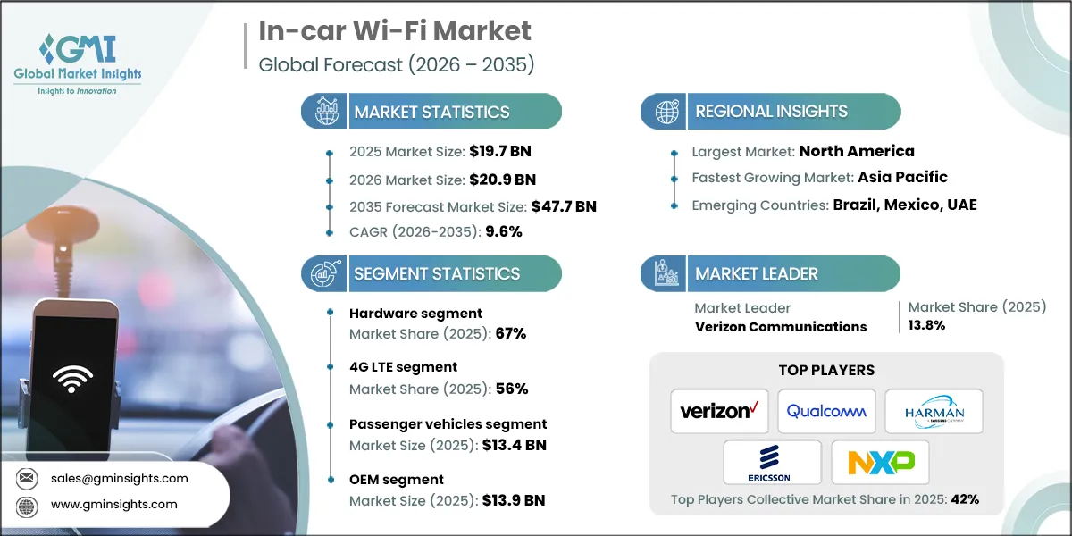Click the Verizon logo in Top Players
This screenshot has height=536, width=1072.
(719, 411)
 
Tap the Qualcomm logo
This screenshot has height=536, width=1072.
(826, 411)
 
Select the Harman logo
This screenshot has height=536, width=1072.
(934, 411)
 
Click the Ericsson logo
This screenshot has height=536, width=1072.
(772, 462)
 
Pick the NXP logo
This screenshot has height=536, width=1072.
(880, 462)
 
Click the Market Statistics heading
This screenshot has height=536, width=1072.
(431, 112)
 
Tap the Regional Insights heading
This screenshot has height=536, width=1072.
(771, 112)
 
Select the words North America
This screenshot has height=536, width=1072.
(857, 151)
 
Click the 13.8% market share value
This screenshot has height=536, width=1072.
(926, 325)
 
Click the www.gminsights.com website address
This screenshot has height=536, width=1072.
(114, 504)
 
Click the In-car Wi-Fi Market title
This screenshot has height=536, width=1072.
(394, 31)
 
